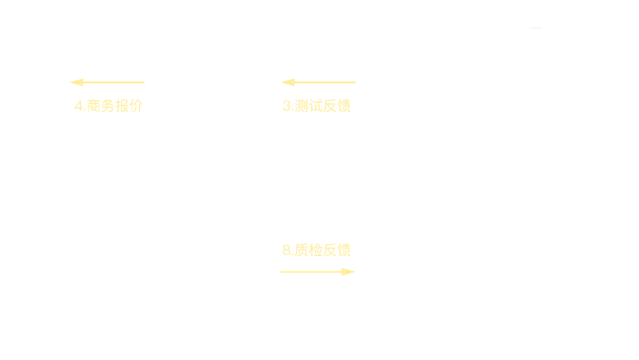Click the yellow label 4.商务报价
[109, 106]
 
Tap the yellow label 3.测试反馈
[316, 106]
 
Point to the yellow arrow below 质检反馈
[318, 272]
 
